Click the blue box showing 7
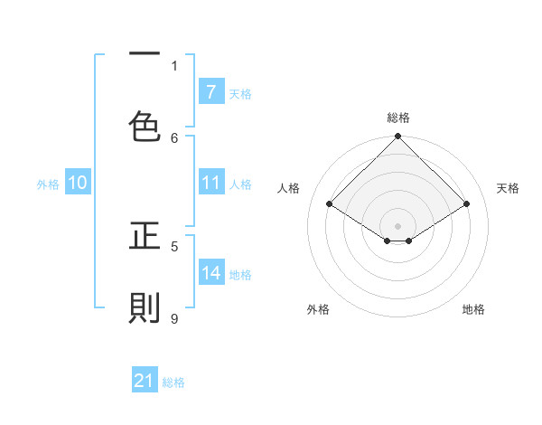210,91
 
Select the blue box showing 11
210,183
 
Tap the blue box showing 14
210,273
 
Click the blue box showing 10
78,183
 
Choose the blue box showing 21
145,382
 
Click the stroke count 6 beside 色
174,137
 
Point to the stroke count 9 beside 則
174,318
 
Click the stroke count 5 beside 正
174,245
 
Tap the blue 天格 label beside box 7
240,93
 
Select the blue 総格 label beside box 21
173,382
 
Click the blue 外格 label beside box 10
48,184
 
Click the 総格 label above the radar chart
397,118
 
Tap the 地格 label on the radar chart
473,309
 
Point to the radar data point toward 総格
397,137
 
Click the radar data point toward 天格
467,204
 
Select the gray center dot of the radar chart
397,225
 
